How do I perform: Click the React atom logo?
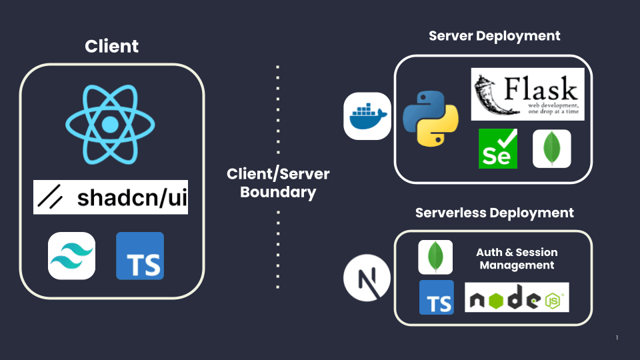111,125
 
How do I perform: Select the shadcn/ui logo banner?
111,197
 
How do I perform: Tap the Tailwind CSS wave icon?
71,255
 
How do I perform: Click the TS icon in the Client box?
140,255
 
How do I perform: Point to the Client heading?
112,47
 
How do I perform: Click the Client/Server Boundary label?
278,183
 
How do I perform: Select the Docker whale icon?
367,116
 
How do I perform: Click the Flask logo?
527,94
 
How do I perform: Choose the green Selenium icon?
498,149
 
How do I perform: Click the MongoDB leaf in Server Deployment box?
552,149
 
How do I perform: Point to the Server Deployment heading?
494,36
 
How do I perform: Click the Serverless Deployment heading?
494,213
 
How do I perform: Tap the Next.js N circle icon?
367,277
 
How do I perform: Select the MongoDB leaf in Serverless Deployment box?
435,257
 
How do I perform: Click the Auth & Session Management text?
517,259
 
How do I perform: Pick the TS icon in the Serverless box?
437,297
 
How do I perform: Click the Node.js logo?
517,297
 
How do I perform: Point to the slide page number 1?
617,338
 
